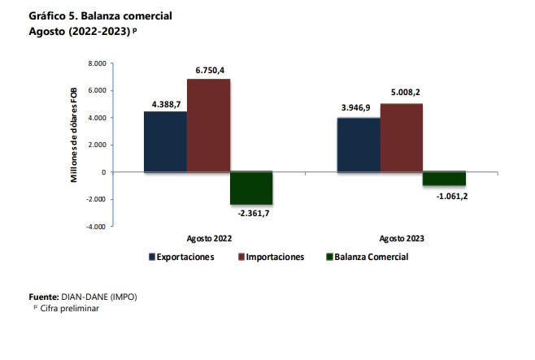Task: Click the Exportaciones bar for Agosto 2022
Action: coord(165,141)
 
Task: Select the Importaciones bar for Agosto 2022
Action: coord(209,125)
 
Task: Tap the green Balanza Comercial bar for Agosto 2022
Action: coord(251,188)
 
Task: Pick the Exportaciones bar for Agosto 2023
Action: coord(359,145)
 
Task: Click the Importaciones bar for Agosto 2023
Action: coord(402,137)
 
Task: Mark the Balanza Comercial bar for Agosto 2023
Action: coord(444,179)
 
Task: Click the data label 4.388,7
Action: coord(165,104)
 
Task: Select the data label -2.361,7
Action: coord(251,213)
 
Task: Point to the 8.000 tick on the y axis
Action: coord(97,63)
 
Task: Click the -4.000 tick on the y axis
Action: coord(96,227)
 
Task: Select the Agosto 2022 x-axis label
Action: coord(209,239)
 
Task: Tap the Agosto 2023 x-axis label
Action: coord(402,239)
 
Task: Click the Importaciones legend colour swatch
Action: coord(241,257)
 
